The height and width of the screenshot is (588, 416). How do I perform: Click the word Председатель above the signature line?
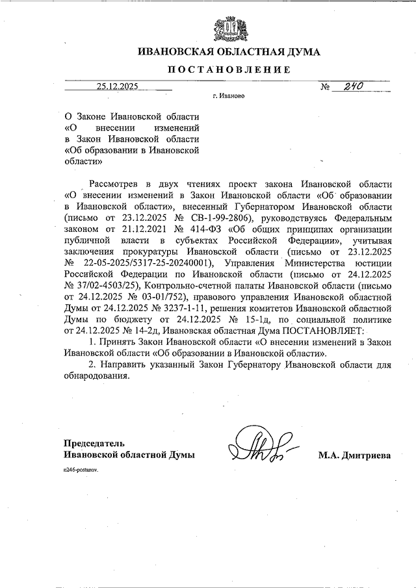click(x=88, y=444)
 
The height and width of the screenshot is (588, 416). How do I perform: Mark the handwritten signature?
click(x=261, y=446)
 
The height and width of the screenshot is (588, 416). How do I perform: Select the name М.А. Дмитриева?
click(x=354, y=456)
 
